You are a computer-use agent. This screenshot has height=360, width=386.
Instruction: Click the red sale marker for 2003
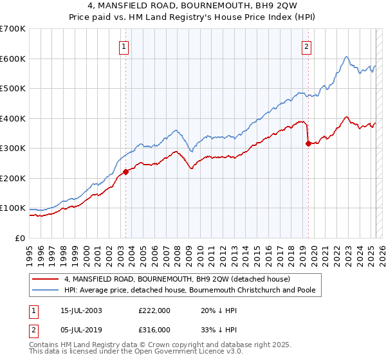(125, 172)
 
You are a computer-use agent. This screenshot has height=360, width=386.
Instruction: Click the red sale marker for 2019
(308, 143)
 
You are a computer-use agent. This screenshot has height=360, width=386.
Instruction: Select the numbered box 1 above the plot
(123, 46)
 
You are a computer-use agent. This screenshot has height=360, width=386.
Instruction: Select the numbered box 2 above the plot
(307, 46)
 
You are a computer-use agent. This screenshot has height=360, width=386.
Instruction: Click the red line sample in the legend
(45, 279)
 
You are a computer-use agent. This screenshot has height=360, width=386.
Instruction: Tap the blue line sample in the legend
(45, 290)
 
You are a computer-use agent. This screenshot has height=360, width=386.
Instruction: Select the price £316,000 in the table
(154, 329)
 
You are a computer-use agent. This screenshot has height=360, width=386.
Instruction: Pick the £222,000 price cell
(154, 310)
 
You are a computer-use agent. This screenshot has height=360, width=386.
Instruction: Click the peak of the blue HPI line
(346, 57)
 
